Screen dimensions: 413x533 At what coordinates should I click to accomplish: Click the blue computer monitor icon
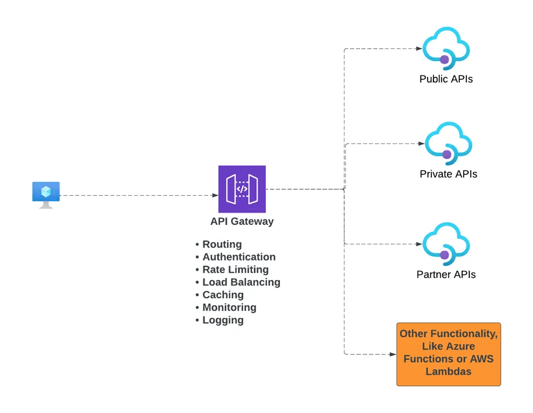46,194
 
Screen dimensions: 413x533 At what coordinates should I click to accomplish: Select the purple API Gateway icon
242,189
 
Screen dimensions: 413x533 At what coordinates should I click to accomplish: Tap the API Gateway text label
242,222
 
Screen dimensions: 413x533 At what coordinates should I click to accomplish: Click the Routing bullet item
222,245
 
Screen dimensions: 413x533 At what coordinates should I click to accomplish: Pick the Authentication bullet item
239,257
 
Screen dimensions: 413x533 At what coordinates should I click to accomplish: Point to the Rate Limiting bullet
236,270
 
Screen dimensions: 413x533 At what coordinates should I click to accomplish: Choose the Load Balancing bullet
241,282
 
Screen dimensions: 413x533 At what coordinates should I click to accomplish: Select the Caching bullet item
223,295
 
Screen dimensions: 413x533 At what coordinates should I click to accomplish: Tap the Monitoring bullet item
229,307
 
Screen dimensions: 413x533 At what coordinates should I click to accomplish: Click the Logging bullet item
223,320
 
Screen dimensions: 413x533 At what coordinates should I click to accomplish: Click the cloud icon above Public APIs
447,48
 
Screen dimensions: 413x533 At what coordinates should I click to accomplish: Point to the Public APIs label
446,79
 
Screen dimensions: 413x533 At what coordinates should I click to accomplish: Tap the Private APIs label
448,174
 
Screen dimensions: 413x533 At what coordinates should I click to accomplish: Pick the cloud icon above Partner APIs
447,243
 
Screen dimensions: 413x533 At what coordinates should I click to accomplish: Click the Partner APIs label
446,274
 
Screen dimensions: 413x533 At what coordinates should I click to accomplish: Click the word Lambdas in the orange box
448,372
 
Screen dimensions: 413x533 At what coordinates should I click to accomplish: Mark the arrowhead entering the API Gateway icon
215,195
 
